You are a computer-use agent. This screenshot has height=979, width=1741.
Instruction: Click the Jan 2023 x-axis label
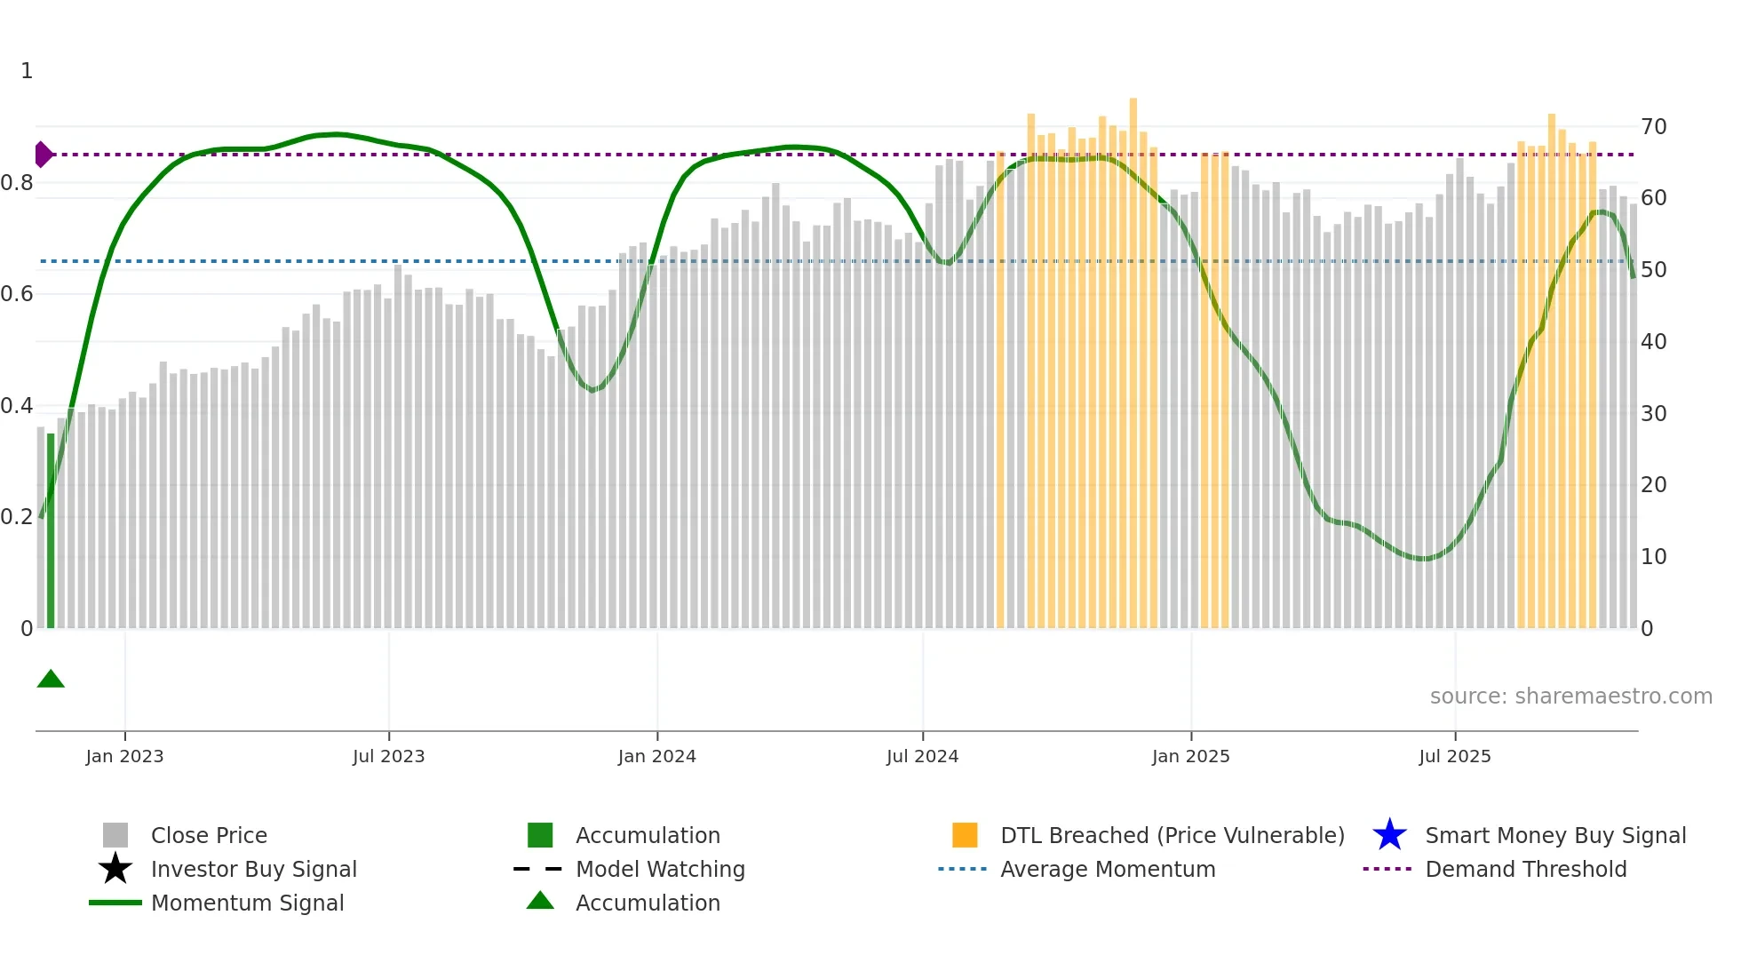click(124, 756)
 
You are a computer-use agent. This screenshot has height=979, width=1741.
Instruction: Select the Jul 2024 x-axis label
click(922, 756)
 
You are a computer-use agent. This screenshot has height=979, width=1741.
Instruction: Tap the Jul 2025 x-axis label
click(1454, 756)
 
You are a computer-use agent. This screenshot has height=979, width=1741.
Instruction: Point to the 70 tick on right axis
click(1653, 127)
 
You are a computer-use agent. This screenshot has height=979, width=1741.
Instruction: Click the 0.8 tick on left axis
click(17, 183)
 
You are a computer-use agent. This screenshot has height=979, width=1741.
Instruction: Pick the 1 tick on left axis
click(27, 71)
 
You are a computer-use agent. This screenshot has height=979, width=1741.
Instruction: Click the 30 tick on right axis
click(1653, 413)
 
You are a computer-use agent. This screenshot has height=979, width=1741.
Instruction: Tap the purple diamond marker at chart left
click(43, 155)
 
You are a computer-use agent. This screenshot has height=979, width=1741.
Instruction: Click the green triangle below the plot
click(51, 680)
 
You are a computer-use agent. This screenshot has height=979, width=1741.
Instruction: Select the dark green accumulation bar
click(51, 533)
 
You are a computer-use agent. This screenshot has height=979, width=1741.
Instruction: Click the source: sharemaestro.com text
click(1570, 696)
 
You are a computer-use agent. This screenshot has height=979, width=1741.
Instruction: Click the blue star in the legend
click(1389, 835)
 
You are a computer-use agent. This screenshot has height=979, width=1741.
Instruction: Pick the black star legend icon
click(115, 869)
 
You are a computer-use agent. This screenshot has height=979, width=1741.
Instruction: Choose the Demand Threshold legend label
click(1525, 869)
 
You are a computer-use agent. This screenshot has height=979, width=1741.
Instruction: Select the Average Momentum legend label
click(1108, 869)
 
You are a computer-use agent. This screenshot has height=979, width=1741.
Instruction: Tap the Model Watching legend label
click(660, 869)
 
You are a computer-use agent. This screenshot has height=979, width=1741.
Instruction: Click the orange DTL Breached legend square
click(965, 835)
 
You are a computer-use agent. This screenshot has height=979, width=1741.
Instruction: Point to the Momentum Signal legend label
click(247, 903)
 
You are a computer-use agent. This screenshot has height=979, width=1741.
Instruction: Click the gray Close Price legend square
click(115, 835)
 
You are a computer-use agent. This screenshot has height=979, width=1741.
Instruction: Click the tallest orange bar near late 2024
click(1133, 355)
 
